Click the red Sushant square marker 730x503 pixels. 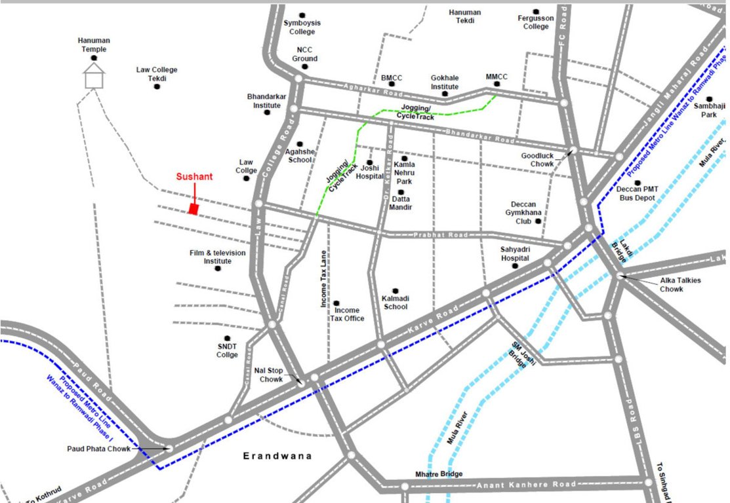[193, 208]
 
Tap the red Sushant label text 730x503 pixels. [194, 177]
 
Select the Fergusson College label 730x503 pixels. [535, 22]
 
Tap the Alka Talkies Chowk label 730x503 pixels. [680, 284]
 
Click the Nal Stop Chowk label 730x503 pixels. [269, 375]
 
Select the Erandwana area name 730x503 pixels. [277, 456]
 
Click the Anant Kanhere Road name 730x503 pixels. [526, 485]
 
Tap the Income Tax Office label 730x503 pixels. [349, 314]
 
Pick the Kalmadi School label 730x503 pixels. [395, 303]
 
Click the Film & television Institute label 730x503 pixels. [217, 257]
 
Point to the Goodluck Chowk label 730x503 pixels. [538, 160]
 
